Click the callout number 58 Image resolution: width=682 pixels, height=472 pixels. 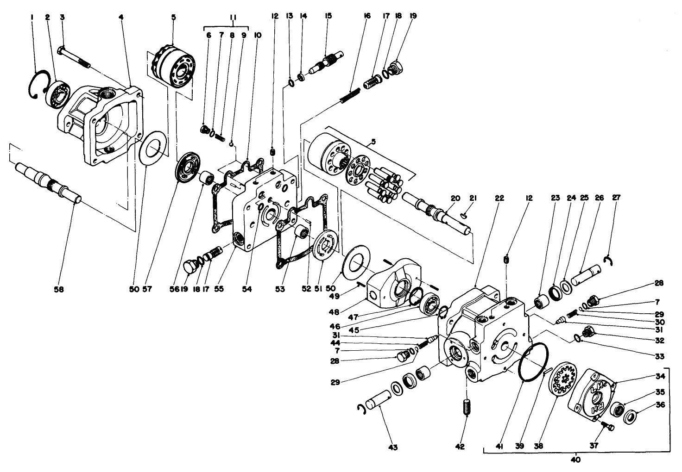pos(59,290)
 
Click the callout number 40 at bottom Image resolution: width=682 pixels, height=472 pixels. pos(576,460)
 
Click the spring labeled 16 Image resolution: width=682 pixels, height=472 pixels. pos(351,96)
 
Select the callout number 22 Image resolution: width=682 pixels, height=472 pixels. pos(499,198)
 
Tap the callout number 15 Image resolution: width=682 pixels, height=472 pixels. pos(328,16)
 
